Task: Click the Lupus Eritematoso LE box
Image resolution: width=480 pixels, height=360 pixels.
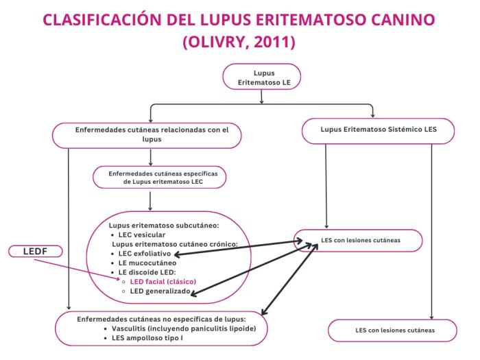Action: pos(262,77)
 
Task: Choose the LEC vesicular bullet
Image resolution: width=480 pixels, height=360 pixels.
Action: pos(141,234)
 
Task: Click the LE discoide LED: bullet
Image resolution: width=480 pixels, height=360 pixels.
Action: pos(148,272)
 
